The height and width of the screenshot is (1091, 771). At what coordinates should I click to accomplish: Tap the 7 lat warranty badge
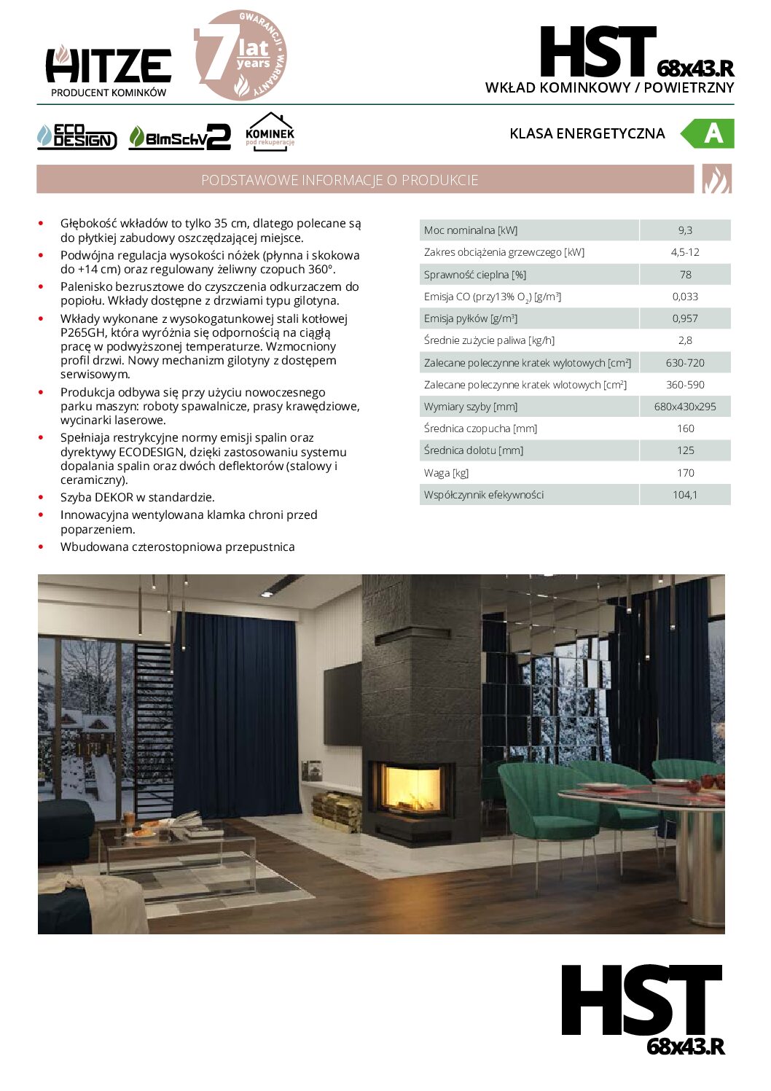240,55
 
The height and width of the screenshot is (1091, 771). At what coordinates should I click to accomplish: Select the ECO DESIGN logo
77,136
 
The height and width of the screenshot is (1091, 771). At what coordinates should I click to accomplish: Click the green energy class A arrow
708,133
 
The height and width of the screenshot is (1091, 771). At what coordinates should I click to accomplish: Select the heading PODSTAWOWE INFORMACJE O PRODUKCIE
340,180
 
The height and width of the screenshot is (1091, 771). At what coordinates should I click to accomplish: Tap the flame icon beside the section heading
716,179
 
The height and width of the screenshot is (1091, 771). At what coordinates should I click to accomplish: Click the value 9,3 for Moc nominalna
685,230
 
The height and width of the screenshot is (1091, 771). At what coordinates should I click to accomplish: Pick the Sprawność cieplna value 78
685,275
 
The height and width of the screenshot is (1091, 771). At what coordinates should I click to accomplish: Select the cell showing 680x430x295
685,407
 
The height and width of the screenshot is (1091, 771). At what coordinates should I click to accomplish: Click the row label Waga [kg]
447,473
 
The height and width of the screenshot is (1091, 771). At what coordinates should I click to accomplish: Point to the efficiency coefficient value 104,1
685,495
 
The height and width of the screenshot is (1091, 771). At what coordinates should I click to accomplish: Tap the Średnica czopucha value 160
685,429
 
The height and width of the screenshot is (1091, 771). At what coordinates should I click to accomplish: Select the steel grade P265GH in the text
83,332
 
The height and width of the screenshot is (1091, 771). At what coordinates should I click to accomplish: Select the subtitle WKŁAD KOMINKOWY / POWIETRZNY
609,87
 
